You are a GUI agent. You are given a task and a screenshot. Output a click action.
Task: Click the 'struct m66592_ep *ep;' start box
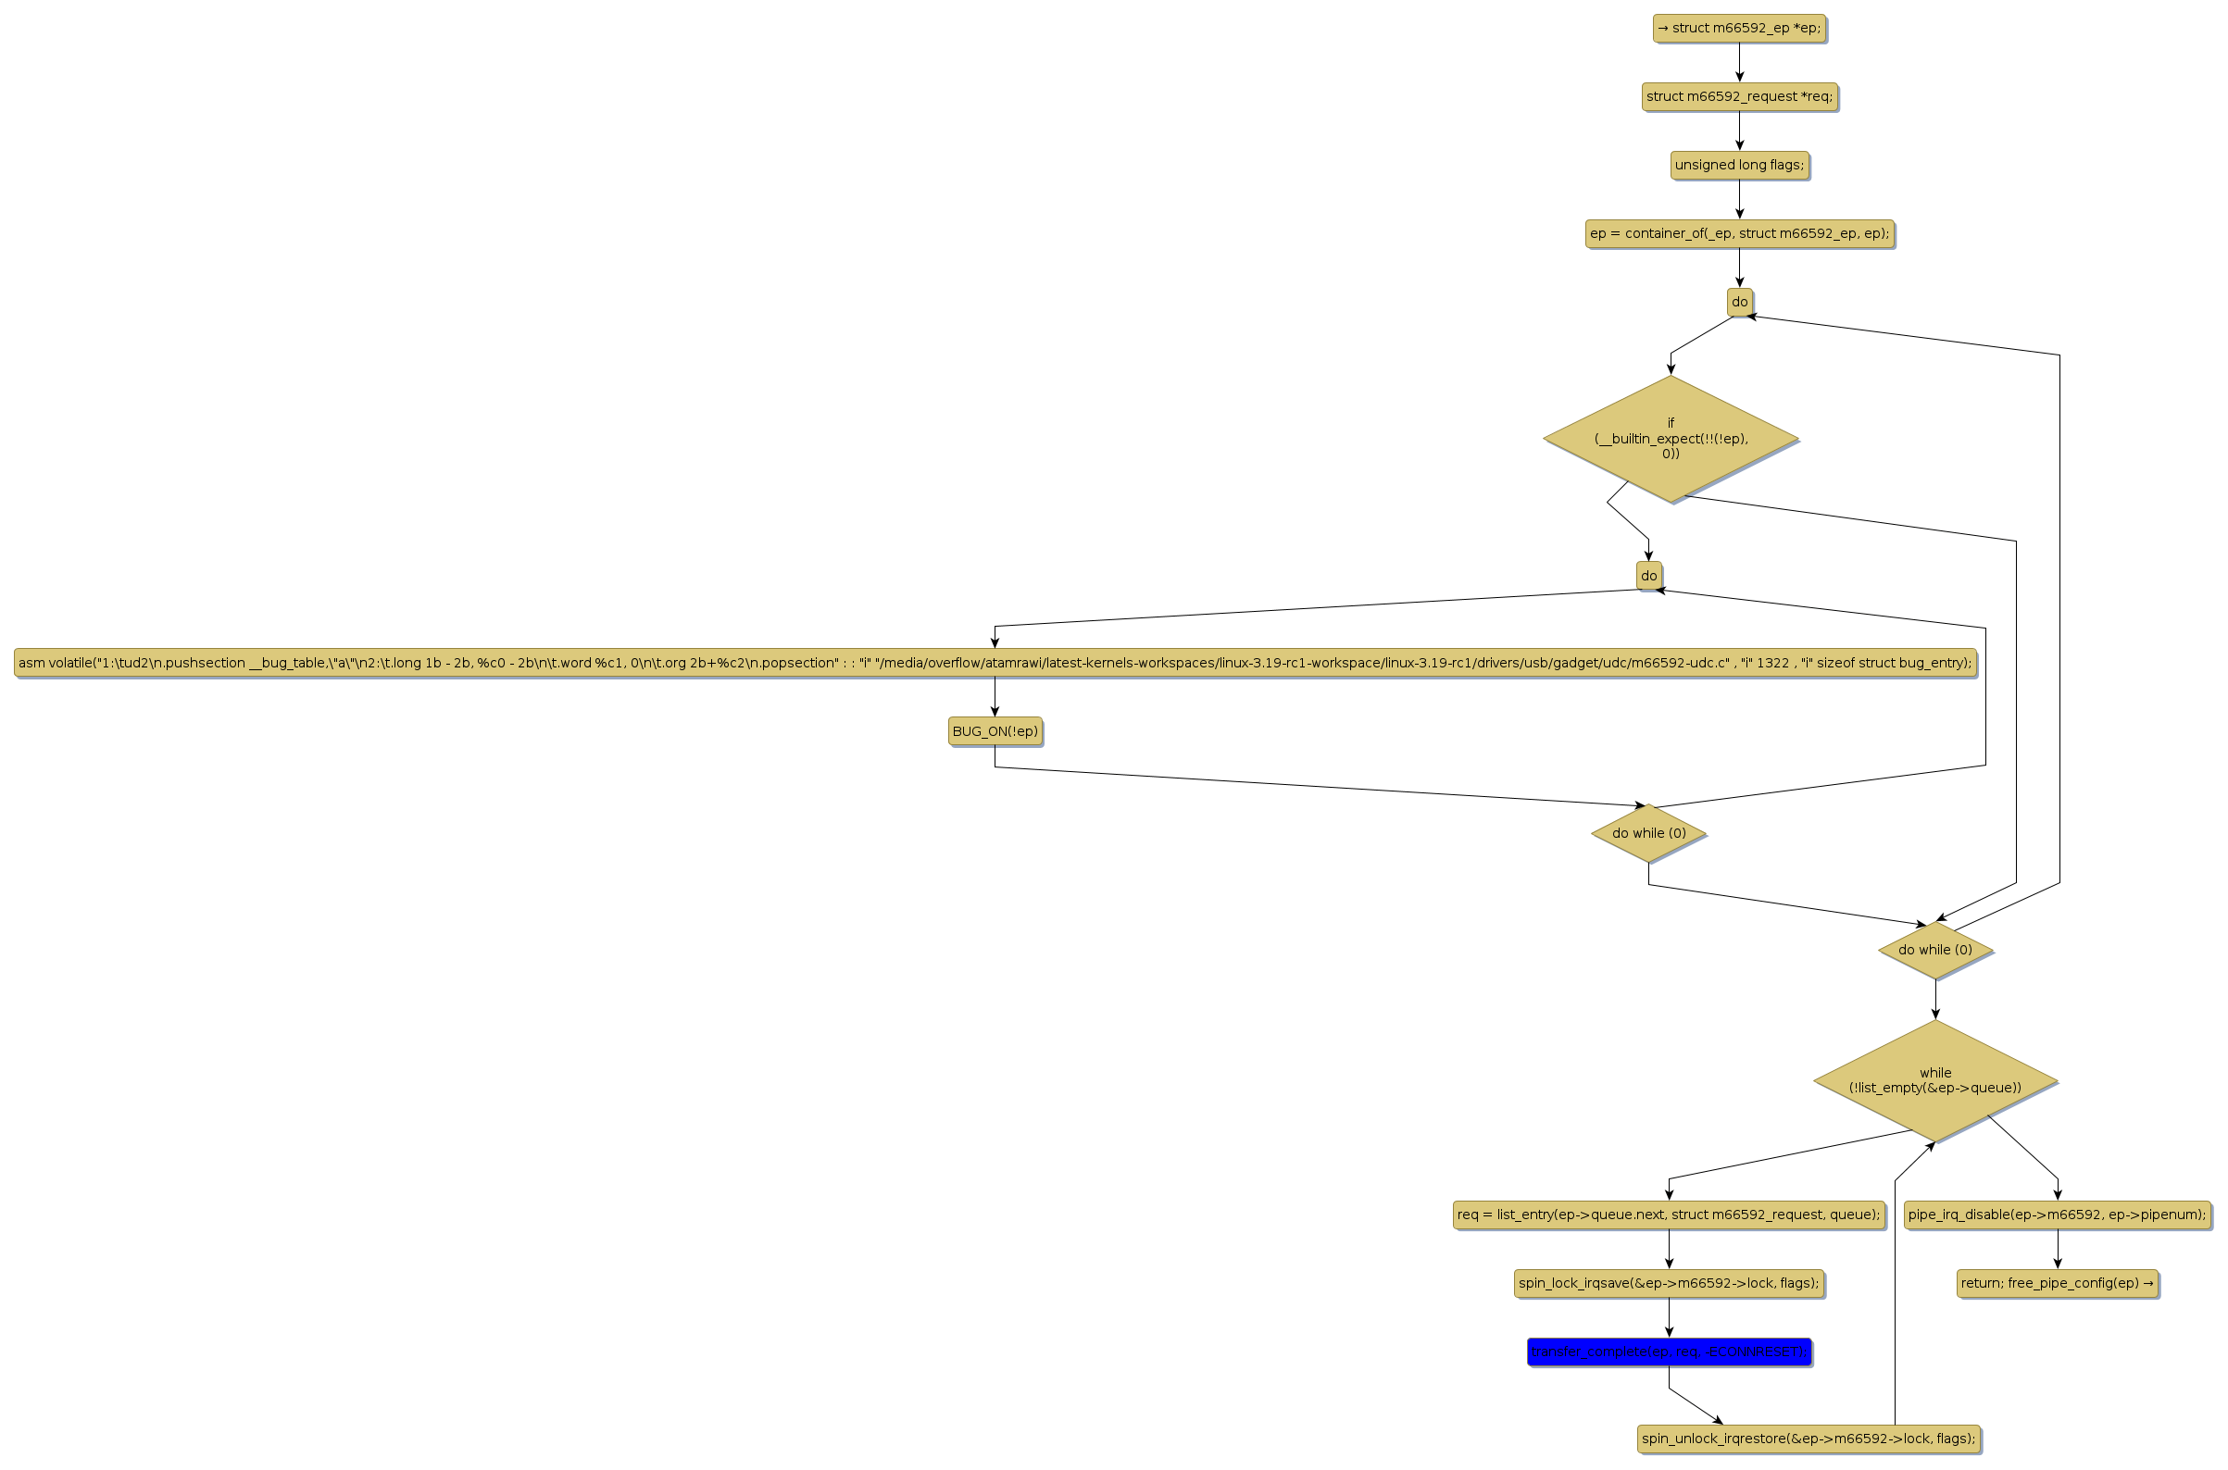(1738, 28)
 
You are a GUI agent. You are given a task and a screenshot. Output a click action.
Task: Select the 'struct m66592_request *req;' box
(1738, 96)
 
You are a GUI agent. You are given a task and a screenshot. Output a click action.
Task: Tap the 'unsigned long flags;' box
(1738, 165)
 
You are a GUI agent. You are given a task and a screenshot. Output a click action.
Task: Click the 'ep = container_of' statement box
(1738, 233)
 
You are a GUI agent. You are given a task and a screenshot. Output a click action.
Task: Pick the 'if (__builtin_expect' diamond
(1670, 439)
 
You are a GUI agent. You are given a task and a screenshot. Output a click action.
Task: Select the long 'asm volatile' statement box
(995, 663)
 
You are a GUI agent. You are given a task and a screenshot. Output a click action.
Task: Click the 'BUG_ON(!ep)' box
(995, 731)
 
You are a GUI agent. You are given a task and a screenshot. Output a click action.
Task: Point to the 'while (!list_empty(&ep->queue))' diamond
(1934, 1081)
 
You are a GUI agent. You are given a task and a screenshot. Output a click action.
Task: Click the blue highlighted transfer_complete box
(1668, 1352)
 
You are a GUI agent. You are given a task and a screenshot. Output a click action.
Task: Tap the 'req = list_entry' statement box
(1668, 1215)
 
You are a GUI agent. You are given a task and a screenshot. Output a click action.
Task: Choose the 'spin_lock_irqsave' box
(1668, 1283)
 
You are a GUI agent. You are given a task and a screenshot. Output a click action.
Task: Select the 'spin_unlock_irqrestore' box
(1808, 1439)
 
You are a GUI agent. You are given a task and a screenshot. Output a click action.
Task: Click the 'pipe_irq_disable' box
(2058, 1215)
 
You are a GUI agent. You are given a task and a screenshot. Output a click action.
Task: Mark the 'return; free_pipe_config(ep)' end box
(2058, 1283)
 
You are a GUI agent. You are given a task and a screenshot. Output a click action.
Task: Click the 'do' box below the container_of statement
(1739, 302)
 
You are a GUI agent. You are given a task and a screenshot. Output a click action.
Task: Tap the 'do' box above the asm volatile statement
(1648, 576)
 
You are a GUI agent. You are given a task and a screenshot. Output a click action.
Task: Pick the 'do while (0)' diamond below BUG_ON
(1648, 833)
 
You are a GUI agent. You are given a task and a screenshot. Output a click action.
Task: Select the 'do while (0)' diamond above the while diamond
(1935, 950)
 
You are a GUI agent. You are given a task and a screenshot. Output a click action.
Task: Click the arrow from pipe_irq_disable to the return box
(2058, 1250)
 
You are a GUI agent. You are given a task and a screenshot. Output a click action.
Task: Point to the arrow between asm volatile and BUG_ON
(995, 696)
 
